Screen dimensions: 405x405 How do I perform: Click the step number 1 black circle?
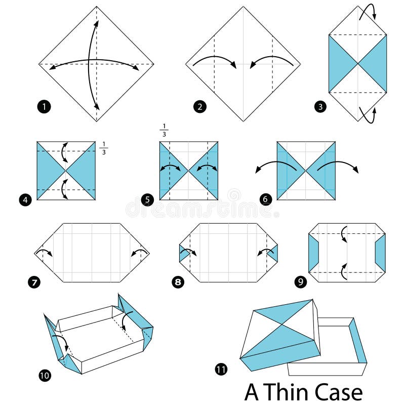pos(44,107)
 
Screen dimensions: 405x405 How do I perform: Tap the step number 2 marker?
pos(200,107)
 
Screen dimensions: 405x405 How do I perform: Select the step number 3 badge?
pos(320,106)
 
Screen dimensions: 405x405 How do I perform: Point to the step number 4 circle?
pos(27,199)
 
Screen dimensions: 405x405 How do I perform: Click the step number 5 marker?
pos(148,199)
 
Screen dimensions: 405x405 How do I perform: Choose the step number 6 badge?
pos(265,199)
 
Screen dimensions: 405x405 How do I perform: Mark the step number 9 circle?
pos(301,281)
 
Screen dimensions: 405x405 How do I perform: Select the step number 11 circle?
pos(221,370)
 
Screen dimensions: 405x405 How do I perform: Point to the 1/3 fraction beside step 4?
pos(104,148)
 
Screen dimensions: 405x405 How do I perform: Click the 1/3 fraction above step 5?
pos(164,130)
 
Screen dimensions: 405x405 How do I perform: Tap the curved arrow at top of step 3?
pos(368,11)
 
